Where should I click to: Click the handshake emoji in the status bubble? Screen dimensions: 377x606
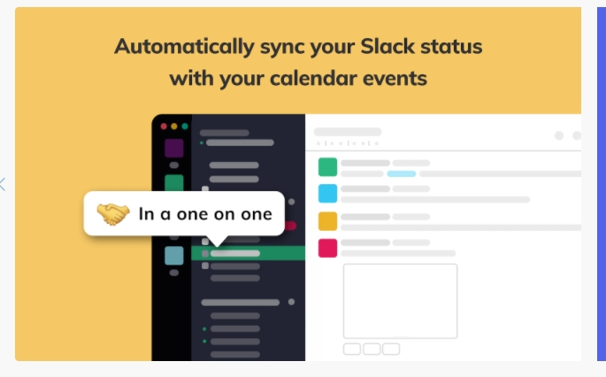pyautogui.click(x=113, y=213)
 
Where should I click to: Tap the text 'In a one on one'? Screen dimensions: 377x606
pyautogui.click(x=204, y=213)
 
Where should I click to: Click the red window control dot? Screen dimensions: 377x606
pyautogui.click(x=164, y=127)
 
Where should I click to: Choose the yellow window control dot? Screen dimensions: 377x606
pyautogui.click(x=174, y=127)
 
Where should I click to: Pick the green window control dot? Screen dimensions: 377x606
pyautogui.click(x=185, y=127)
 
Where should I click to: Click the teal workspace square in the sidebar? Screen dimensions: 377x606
pyautogui.click(x=174, y=256)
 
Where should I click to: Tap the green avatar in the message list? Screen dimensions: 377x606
pyautogui.click(x=328, y=167)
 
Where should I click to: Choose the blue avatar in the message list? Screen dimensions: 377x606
pyautogui.click(x=328, y=194)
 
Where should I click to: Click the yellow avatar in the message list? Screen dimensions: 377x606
pyautogui.click(x=328, y=221)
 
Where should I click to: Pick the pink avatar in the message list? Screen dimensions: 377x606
pyautogui.click(x=328, y=248)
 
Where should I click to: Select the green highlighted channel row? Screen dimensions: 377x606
pyautogui.click(x=248, y=253)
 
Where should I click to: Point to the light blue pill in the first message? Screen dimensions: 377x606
pyautogui.click(x=402, y=173)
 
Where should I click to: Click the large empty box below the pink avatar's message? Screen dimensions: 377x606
pyautogui.click(x=400, y=301)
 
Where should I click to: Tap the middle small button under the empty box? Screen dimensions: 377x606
pyautogui.click(x=372, y=349)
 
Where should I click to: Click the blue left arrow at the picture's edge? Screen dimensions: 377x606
pyautogui.click(x=3, y=184)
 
